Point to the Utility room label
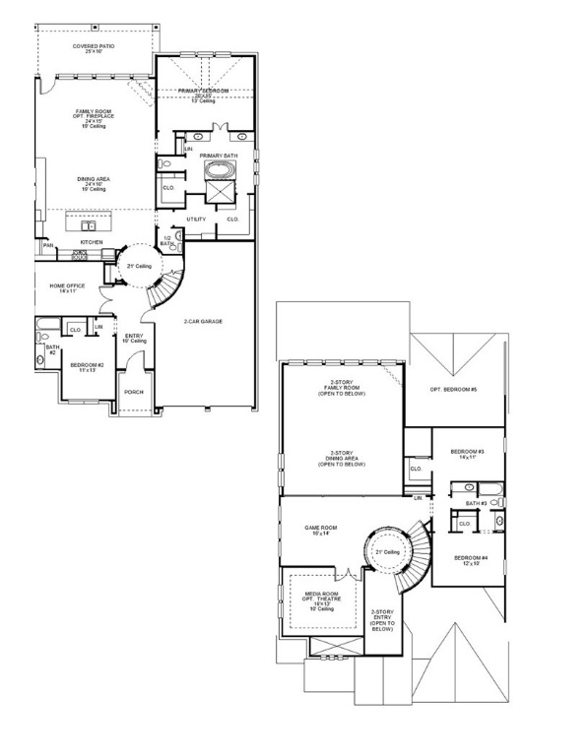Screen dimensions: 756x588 coord(196,219)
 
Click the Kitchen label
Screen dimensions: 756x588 coord(92,241)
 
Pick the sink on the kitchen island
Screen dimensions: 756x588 coord(86,223)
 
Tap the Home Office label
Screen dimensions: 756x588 coord(67,287)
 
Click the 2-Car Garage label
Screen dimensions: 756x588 coord(204,321)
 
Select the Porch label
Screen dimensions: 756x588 coord(133,392)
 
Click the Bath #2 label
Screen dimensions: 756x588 coord(51,349)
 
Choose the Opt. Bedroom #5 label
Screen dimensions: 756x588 coord(453,390)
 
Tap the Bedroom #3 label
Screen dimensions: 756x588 coord(463,454)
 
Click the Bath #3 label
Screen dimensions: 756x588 coord(477,503)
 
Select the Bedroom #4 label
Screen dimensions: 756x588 coord(468,560)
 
